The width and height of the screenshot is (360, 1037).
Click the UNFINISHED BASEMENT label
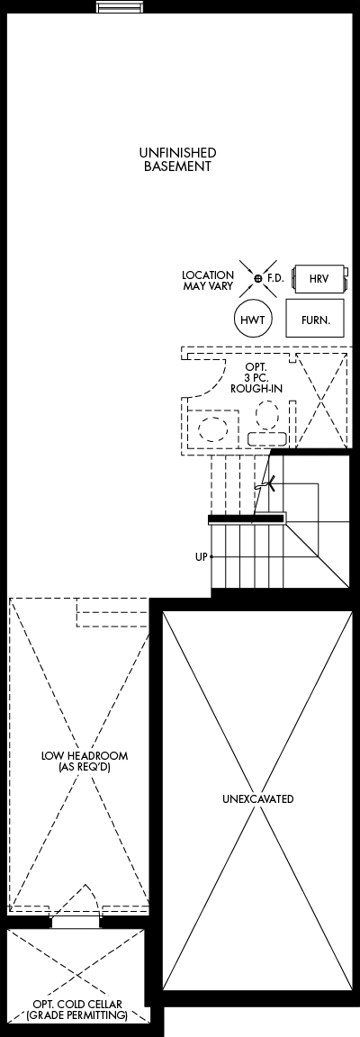(x=177, y=159)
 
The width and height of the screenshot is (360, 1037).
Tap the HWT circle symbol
(x=253, y=320)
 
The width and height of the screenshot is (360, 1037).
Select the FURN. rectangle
(x=315, y=318)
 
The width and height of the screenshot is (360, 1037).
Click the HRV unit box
(x=319, y=278)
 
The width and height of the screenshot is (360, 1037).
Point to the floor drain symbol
(x=259, y=278)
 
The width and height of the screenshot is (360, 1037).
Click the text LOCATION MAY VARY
(x=208, y=281)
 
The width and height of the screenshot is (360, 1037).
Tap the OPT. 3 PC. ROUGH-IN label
(x=256, y=378)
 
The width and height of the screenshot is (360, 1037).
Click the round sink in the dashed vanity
(x=213, y=430)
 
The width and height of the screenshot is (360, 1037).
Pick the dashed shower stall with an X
(x=321, y=401)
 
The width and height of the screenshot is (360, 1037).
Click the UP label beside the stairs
(x=202, y=557)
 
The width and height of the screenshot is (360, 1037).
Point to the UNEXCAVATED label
(x=258, y=799)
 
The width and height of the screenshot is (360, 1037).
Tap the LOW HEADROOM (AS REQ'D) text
(x=85, y=761)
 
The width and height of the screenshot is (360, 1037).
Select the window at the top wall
(x=119, y=7)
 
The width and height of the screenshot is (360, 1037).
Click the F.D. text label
(x=275, y=278)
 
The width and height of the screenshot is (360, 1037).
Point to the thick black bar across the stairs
(x=247, y=519)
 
